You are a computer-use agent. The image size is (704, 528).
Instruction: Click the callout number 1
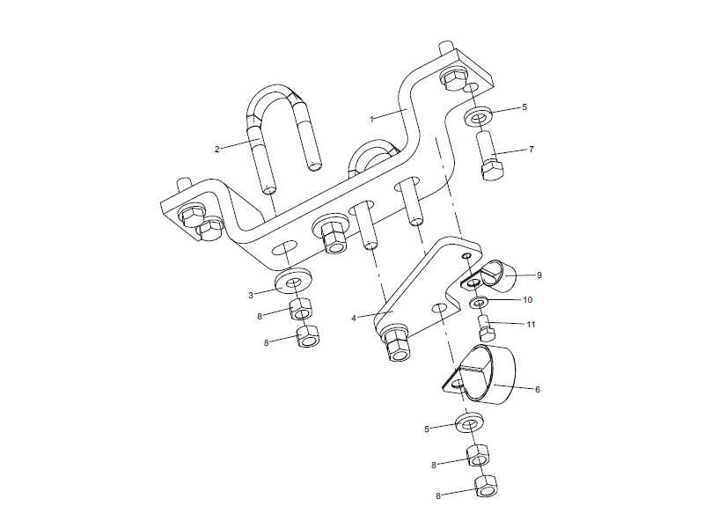(x=372, y=117)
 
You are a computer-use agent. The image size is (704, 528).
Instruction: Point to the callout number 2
(x=216, y=149)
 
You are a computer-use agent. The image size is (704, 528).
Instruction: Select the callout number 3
(x=251, y=295)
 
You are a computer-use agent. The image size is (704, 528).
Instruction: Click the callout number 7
(x=531, y=150)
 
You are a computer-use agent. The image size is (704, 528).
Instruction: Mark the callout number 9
(x=539, y=275)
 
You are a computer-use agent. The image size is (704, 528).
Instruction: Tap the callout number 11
(x=531, y=324)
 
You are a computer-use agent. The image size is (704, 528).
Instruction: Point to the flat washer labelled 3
(x=291, y=282)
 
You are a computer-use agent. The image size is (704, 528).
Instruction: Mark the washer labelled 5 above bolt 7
(x=480, y=117)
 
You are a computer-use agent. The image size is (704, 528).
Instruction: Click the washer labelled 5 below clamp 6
(x=468, y=425)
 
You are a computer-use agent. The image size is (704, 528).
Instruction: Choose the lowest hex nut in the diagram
(x=484, y=487)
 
